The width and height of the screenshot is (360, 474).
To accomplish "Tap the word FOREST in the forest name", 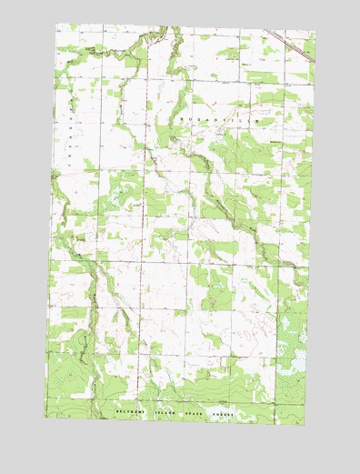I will (222, 414).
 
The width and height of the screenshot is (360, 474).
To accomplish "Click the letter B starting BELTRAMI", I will (117, 412).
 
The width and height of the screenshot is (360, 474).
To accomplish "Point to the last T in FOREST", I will (233, 414).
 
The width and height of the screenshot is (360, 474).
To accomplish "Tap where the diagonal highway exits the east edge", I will (315, 62).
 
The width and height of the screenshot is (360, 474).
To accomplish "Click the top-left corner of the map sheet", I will (56, 24).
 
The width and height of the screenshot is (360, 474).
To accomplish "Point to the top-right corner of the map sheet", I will (315, 33).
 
